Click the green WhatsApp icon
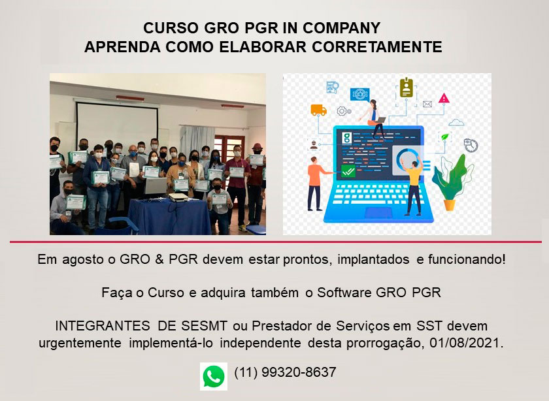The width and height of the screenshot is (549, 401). (x=214, y=376)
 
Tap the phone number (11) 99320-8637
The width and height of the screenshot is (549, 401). (x=285, y=372)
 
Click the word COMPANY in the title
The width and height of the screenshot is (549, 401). (x=341, y=28)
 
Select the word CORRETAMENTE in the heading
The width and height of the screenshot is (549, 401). (x=376, y=47)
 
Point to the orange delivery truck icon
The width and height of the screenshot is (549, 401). (x=319, y=110)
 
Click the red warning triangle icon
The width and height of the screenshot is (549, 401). (x=444, y=99)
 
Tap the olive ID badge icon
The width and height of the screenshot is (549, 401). (x=406, y=88)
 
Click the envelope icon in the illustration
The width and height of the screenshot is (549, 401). (x=427, y=104)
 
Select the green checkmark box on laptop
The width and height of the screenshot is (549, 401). (x=348, y=171)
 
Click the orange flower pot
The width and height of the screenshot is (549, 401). (x=450, y=204)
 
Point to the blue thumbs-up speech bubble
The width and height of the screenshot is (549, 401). (x=360, y=95)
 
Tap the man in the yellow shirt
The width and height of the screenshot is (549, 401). (x=412, y=185)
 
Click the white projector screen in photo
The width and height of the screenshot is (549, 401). (x=117, y=123)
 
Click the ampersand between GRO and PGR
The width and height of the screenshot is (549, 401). (x=159, y=260)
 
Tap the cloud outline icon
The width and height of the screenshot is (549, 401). (x=456, y=123)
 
